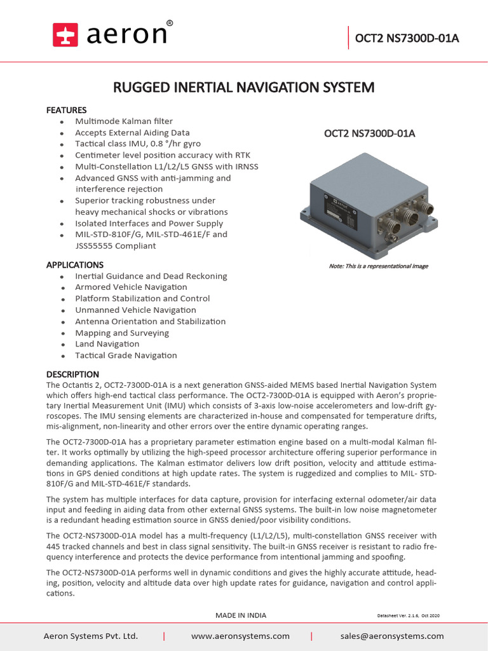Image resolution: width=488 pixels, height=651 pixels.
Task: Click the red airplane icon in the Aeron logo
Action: pos(64,34)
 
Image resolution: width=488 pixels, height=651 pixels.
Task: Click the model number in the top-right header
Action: pos(407,38)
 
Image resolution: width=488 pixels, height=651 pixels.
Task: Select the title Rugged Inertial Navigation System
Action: pos(243,87)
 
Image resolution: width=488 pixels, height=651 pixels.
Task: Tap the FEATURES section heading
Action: pos(66,110)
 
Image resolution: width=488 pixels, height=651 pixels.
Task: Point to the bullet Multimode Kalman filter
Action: pos(123,121)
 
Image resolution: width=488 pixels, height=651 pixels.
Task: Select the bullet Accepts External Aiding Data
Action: pos(132,132)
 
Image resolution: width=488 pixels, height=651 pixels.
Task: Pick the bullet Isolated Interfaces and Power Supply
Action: pos(149,223)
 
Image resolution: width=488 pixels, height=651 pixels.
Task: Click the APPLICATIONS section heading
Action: pos(74,264)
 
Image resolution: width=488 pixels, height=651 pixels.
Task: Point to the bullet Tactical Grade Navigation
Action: pos(126,355)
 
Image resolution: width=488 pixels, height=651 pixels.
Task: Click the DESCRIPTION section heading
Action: pos(72,374)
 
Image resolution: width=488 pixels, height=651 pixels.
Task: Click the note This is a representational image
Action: pos(378,266)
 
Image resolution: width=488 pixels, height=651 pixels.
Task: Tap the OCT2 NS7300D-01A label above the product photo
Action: pos(369,134)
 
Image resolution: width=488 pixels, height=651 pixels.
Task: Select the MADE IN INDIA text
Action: pos(241,615)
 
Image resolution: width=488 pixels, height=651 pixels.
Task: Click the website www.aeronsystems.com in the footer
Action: pos(240,636)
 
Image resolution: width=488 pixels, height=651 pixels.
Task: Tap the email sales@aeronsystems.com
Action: pos(392,636)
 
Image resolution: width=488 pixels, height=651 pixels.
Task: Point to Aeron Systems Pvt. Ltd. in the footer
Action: pos(90,636)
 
